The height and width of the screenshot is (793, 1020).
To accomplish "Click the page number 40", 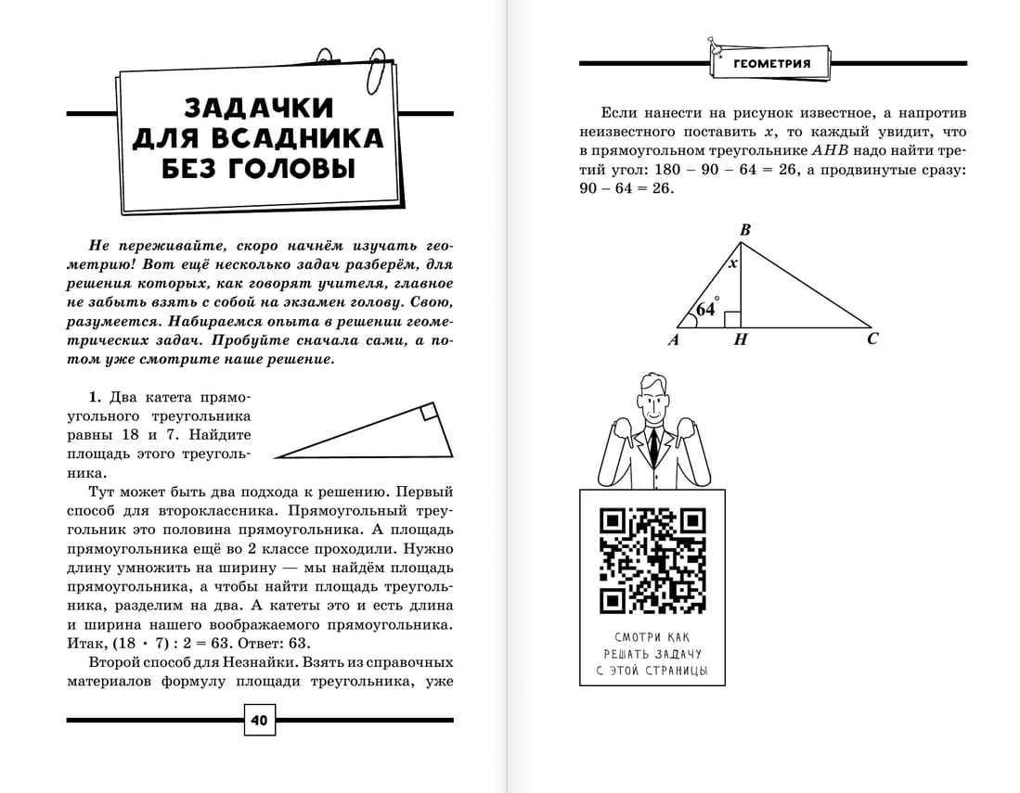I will tap(259, 720).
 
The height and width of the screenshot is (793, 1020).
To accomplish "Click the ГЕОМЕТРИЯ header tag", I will tap(771, 64).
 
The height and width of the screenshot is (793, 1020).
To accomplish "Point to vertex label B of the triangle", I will tap(744, 230).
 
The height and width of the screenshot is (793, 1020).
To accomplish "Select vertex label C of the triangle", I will tap(872, 339).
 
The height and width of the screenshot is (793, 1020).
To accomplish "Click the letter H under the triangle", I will tap(740, 340).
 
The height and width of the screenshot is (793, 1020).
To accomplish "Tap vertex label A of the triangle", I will tap(675, 340).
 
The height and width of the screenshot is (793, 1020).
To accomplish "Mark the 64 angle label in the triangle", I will tap(706, 309).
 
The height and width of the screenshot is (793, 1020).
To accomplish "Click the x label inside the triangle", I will tap(732, 263).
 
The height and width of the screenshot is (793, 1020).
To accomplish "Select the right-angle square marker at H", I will tap(732, 320).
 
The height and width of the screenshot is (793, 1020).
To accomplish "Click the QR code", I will tap(652, 561).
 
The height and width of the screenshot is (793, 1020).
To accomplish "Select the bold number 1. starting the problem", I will tap(95, 398).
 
